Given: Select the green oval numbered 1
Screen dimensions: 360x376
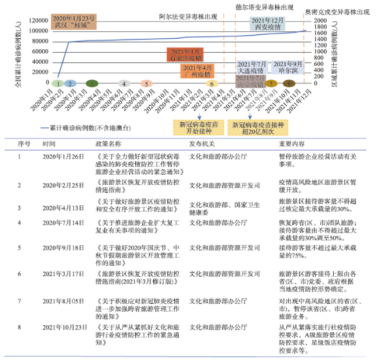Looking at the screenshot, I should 58,83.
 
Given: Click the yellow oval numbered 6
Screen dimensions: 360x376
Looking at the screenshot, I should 212,83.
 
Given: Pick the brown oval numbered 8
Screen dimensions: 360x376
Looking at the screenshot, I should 288,83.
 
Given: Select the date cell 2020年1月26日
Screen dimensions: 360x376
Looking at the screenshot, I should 63,157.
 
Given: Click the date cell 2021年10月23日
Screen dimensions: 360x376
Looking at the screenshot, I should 65,328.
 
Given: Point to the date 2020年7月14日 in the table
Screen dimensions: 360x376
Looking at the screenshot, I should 63,222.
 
